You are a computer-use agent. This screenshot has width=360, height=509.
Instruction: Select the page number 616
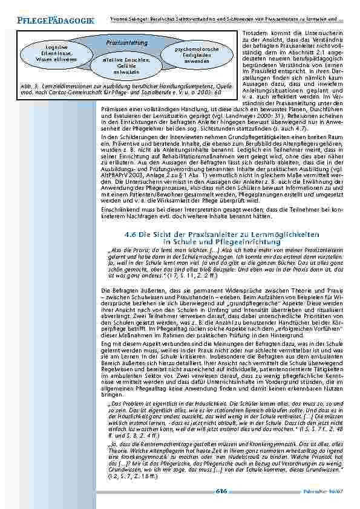(x=221, y=491)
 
